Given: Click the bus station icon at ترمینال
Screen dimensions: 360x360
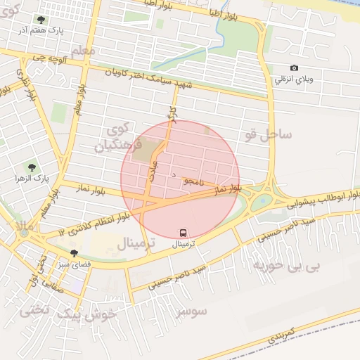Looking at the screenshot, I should pyautogui.click(x=184, y=233).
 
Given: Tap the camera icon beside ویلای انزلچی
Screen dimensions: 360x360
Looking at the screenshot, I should pyautogui.click(x=294, y=68).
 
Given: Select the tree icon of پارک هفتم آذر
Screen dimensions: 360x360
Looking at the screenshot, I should pyautogui.click(x=41, y=20).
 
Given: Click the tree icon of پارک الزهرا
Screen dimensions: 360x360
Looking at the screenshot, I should pyautogui.click(x=32, y=167).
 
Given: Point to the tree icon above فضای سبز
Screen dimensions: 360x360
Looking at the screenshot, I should pyautogui.click(x=74, y=253).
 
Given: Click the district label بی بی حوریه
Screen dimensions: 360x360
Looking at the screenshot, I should pyautogui.click(x=285, y=267).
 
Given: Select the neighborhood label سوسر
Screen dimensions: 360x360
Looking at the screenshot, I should pyautogui.click(x=191, y=310).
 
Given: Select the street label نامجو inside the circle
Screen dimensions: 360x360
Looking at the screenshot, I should pyautogui.click(x=192, y=181).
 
